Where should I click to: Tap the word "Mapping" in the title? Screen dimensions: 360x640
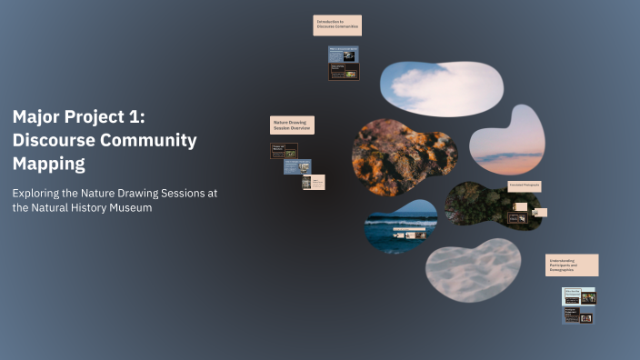(48, 164)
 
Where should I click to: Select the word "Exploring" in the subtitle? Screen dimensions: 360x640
(37, 193)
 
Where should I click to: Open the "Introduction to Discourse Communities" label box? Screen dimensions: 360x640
(337, 25)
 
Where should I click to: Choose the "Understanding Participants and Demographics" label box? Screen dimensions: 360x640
(571, 265)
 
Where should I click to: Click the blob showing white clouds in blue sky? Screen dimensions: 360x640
(441, 88)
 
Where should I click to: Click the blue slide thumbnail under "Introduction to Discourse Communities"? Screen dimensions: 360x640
(344, 55)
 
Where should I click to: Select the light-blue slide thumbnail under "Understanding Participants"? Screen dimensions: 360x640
(578, 296)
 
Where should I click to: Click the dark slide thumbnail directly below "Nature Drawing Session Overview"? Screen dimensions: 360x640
(284, 151)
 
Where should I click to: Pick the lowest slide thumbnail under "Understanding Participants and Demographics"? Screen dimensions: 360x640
(578, 315)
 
